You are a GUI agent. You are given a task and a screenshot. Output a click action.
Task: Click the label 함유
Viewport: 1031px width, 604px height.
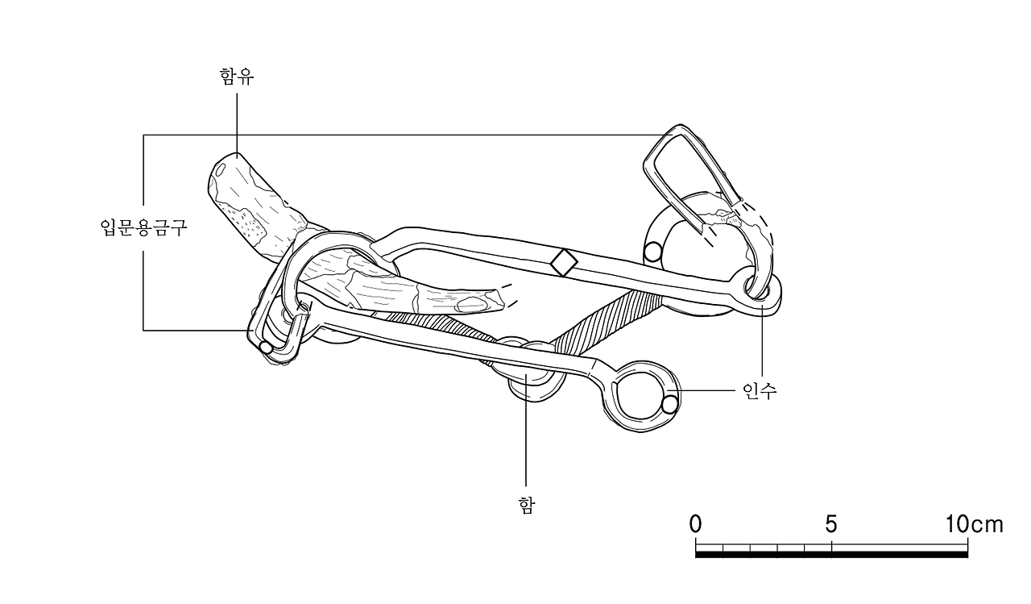(x=237, y=77)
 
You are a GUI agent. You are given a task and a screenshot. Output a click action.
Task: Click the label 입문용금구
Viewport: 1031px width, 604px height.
(x=143, y=227)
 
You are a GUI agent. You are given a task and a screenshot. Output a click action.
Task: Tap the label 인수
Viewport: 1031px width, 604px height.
(x=760, y=390)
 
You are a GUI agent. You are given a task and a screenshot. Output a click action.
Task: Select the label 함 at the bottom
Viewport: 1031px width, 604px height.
(x=527, y=505)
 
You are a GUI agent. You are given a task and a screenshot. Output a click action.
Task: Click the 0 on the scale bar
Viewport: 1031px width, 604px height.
(x=695, y=524)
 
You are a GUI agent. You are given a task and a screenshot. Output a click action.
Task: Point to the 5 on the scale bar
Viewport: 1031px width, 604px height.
(x=830, y=524)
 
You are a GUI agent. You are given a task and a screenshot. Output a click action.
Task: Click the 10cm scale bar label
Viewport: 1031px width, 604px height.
(x=975, y=524)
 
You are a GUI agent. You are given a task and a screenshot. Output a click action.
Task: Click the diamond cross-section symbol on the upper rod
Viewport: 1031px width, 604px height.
(x=563, y=263)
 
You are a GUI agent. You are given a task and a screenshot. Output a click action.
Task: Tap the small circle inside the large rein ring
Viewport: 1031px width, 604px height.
(x=669, y=405)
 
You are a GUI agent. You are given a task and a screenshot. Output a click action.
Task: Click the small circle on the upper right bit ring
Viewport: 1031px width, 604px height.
(x=652, y=252)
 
